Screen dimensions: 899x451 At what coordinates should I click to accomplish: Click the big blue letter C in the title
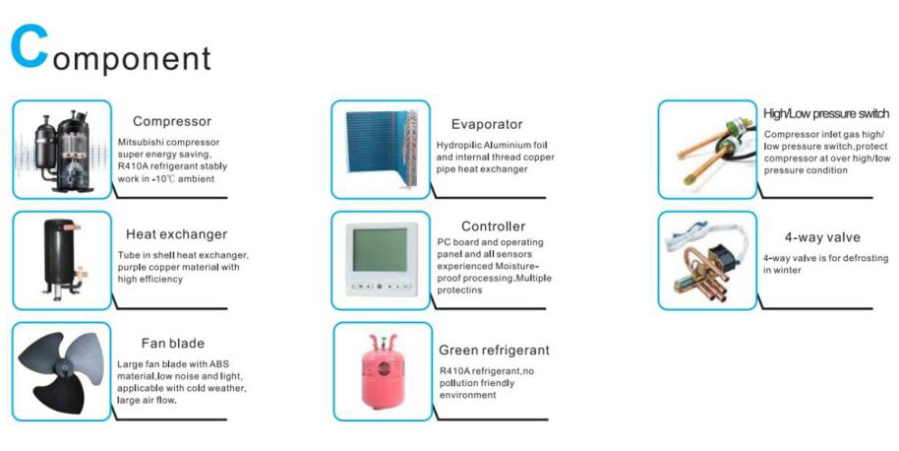pos(29,47)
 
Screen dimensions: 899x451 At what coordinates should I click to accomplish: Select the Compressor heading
pos(172,122)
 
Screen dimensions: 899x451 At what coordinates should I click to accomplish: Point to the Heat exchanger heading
pos(177,234)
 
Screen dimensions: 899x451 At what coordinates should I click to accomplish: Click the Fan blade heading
pos(172,344)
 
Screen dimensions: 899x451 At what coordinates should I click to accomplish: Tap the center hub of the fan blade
pos(63,366)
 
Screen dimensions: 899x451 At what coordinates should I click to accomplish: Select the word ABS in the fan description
pos(219,364)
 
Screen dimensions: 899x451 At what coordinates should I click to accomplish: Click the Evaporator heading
pos(487,125)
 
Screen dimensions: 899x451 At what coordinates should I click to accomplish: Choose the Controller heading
pos(493,226)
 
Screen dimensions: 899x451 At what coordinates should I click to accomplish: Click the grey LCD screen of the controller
pos(380,250)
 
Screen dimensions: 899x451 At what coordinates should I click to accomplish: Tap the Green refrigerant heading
pos(494,351)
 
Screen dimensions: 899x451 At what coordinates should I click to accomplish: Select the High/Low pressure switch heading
pos(826,113)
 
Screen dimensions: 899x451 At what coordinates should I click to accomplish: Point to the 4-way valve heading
pos(822,237)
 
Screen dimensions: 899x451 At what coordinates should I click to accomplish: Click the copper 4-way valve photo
pos(706,261)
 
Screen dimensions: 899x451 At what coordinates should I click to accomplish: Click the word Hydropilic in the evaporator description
pos(459,146)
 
